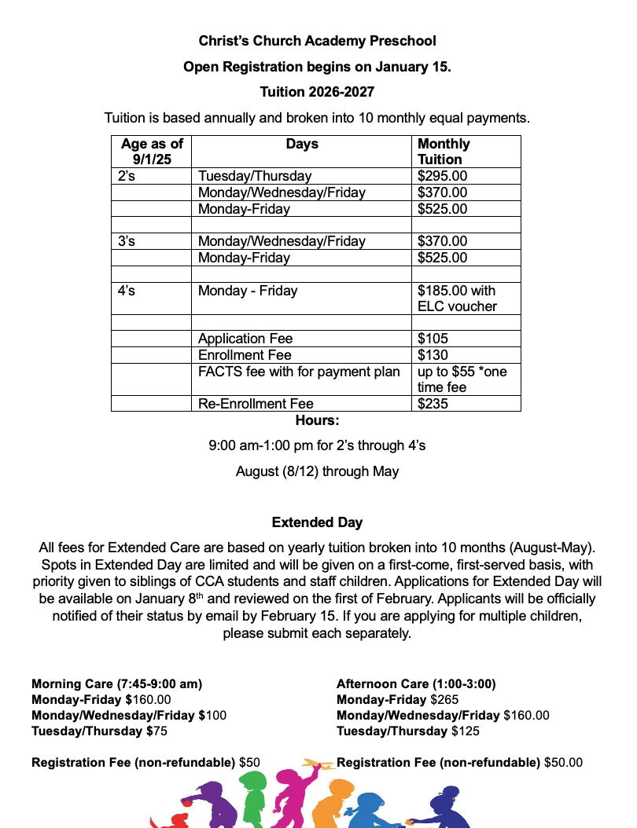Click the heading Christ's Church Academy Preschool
tap(317, 40)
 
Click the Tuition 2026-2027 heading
tap(317, 92)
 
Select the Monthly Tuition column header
tap(444, 152)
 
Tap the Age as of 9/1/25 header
tap(152, 152)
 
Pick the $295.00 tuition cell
tap(442, 177)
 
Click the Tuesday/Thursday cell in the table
tap(255, 177)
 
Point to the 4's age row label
tap(127, 291)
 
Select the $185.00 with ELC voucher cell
tap(457, 299)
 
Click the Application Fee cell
tap(245, 339)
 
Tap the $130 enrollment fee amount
tap(433, 355)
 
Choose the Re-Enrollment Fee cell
tap(256, 404)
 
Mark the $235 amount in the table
tap(433, 404)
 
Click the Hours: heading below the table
tap(317, 420)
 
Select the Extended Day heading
tap(317, 522)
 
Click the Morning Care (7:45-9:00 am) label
tap(116, 684)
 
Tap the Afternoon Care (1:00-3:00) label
tap(416, 684)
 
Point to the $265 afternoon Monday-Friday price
tap(445, 700)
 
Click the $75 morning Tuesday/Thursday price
tap(157, 731)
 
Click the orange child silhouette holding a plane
tap(326, 801)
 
